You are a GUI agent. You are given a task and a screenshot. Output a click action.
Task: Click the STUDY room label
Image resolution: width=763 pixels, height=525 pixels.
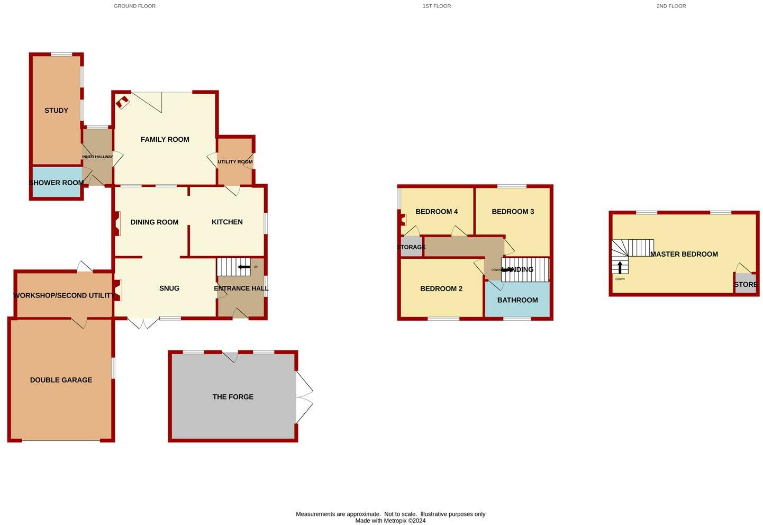[x=56, y=111]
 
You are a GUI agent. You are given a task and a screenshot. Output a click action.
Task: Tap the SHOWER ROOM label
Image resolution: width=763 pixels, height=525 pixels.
[x=56, y=183]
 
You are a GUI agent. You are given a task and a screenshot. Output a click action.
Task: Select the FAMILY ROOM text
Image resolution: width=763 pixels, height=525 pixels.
[x=165, y=140]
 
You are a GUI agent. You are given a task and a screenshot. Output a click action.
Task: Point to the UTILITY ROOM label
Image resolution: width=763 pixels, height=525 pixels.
[x=235, y=162]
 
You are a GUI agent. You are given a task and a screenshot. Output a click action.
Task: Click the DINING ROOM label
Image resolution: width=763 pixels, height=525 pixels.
[x=154, y=222]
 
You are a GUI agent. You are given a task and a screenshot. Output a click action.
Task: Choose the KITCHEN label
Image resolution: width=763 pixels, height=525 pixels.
[x=227, y=222]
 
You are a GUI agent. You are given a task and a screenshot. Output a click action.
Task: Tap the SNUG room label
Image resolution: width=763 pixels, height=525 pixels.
[x=169, y=288]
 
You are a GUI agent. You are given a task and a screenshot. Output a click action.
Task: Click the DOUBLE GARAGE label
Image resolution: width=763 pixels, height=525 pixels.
[x=61, y=380]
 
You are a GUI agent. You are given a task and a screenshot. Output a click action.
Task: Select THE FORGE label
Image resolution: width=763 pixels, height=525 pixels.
[x=233, y=397]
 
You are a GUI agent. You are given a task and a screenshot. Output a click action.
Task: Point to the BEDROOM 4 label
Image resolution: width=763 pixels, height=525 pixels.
[x=437, y=212]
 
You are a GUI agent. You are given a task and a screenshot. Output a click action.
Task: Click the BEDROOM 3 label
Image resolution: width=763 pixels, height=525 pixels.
[x=513, y=212]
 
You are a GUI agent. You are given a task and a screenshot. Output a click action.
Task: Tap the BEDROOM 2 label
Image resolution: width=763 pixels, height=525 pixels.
[x=441, y=289]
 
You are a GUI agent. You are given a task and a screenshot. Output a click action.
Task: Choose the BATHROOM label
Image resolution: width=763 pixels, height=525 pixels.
[x=517, y=300]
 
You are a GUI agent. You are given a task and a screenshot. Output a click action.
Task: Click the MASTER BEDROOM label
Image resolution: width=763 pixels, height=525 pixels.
[x=684, y=255]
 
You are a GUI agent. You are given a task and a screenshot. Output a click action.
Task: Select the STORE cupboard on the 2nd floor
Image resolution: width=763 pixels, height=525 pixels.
[x=745, y=284]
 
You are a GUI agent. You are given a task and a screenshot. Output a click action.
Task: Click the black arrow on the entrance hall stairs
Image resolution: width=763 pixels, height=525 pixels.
[x=244, y=267]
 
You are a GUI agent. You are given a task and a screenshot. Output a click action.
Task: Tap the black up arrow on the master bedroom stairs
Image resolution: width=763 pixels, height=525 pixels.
[x=620, y=267]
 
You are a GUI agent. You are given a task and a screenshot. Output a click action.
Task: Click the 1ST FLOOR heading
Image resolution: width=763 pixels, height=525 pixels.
[x=437, y=6]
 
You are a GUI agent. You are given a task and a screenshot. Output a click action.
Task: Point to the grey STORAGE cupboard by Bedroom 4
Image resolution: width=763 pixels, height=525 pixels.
[x=411, y=247]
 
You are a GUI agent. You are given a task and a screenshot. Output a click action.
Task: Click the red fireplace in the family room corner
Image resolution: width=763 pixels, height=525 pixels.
[x=123, y=102]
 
